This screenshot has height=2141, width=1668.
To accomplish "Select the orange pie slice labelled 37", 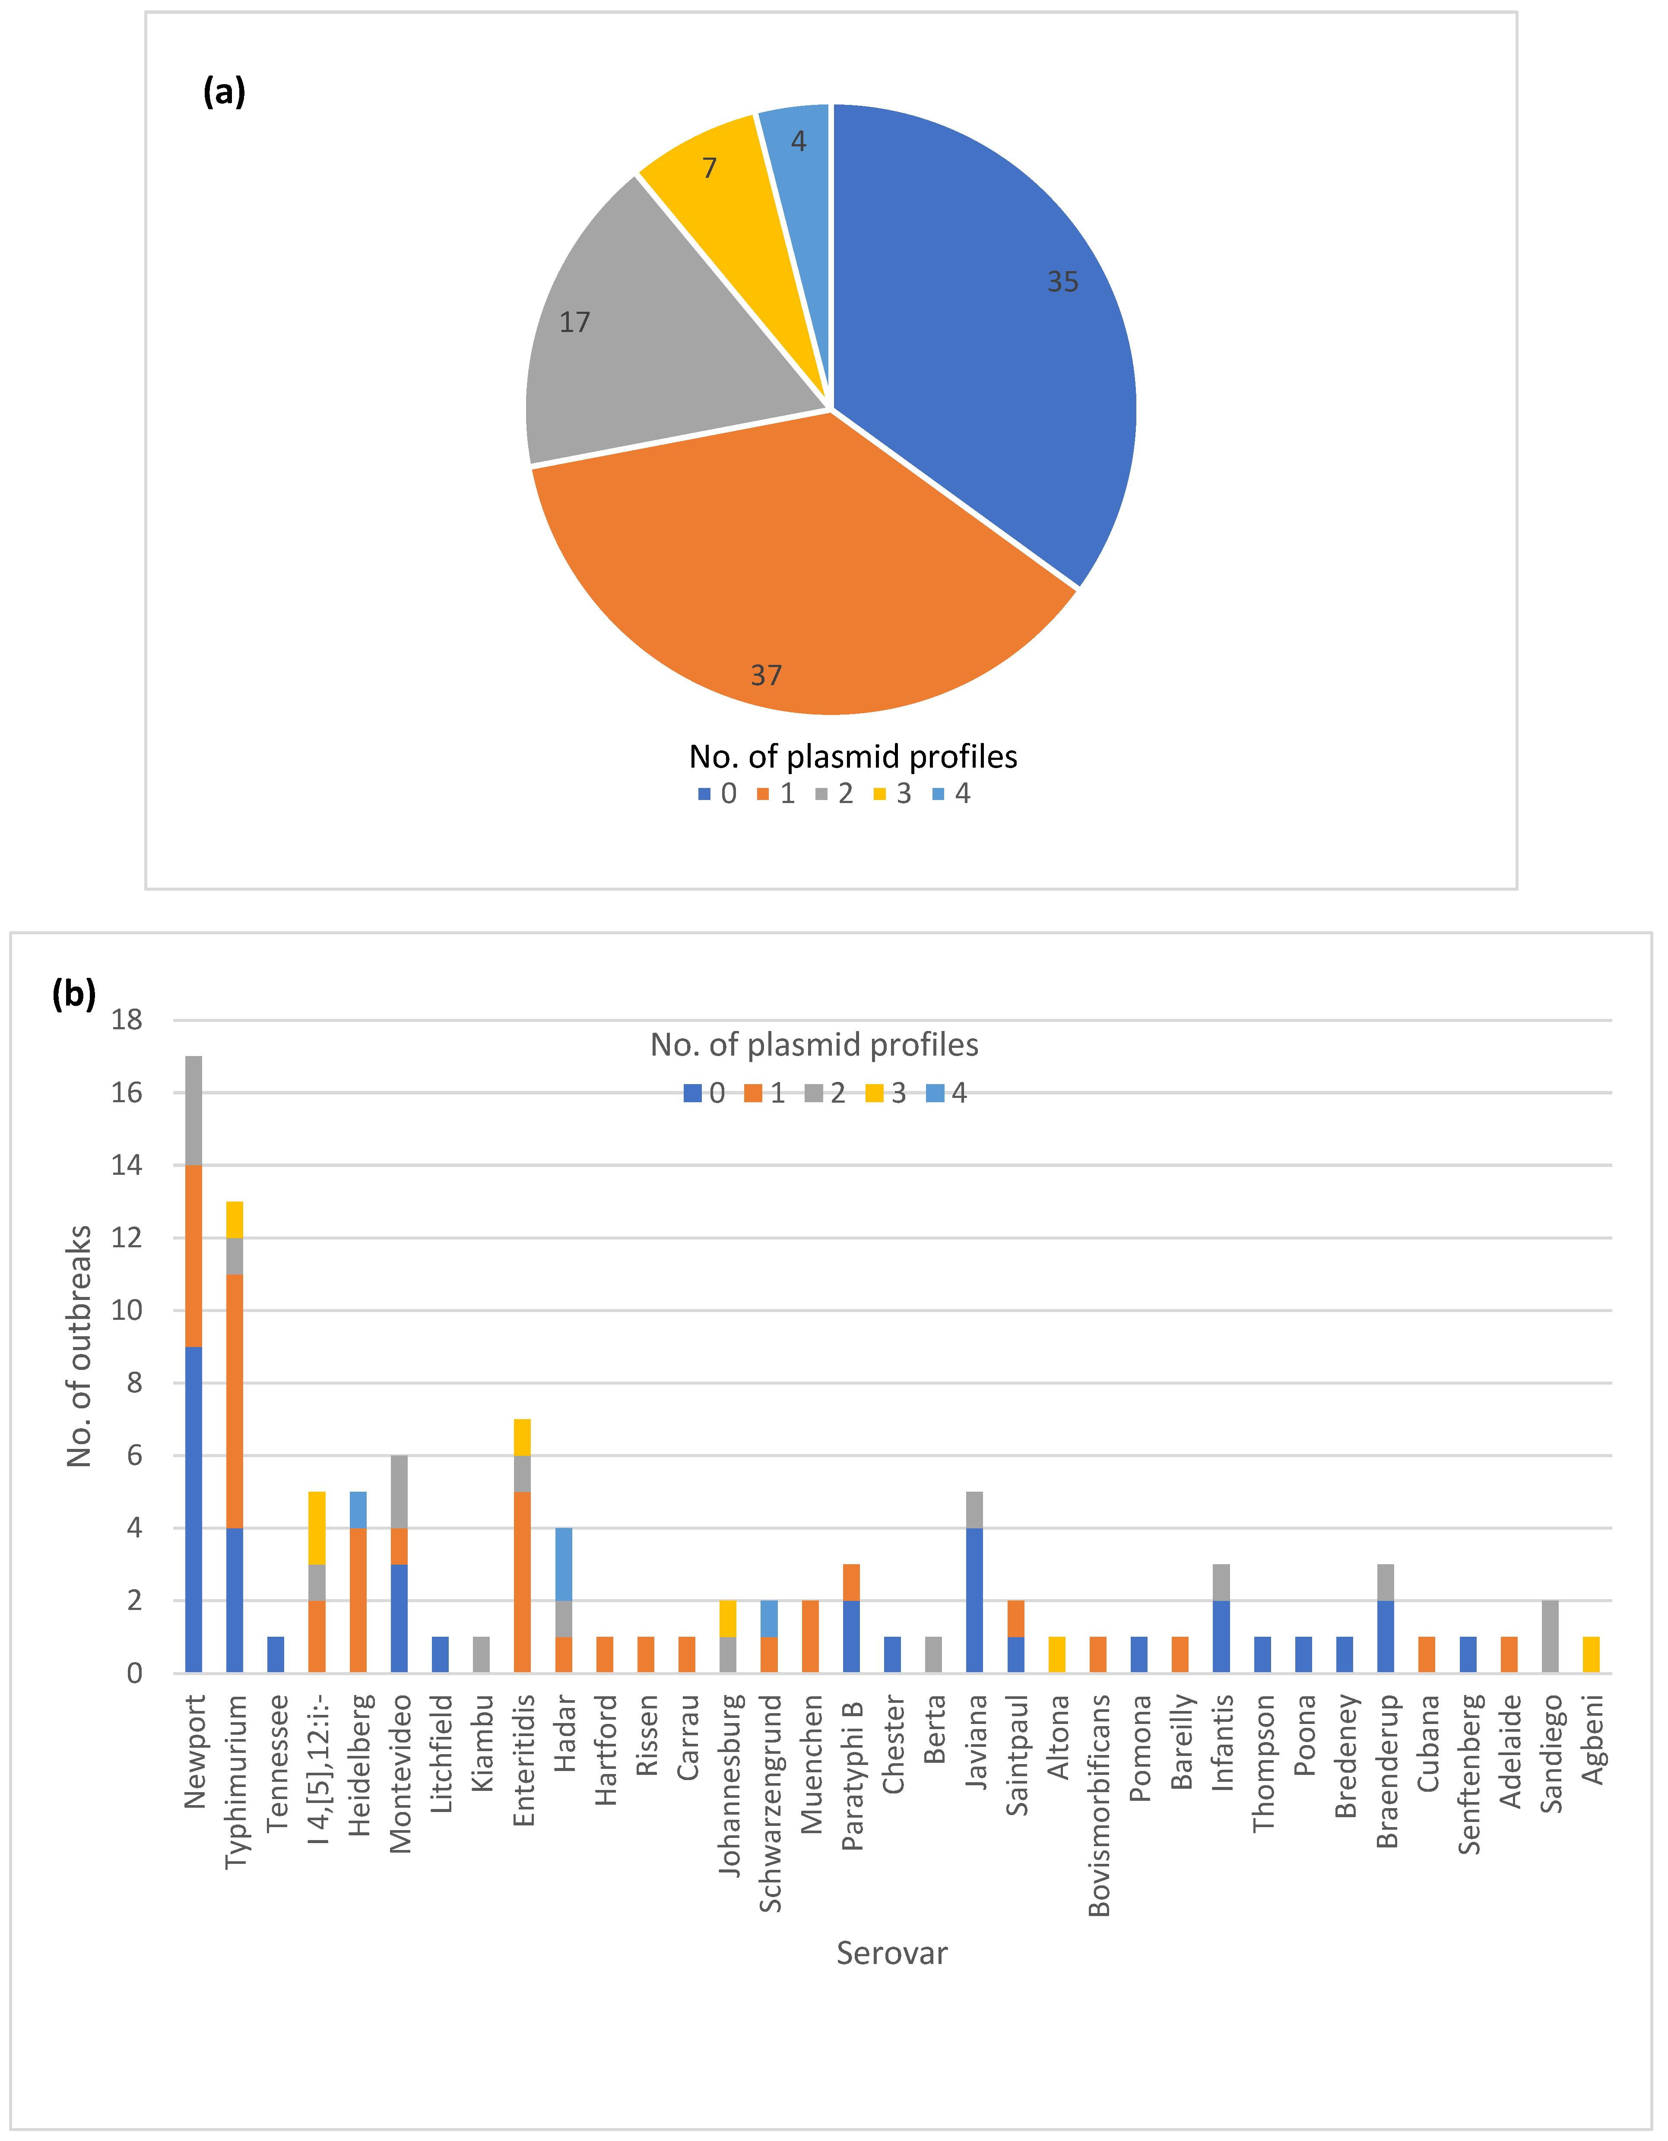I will (784, 569).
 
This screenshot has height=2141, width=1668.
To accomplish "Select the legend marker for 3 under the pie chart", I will (880, 794).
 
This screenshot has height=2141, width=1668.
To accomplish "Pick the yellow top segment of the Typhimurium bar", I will (235, 1220).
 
